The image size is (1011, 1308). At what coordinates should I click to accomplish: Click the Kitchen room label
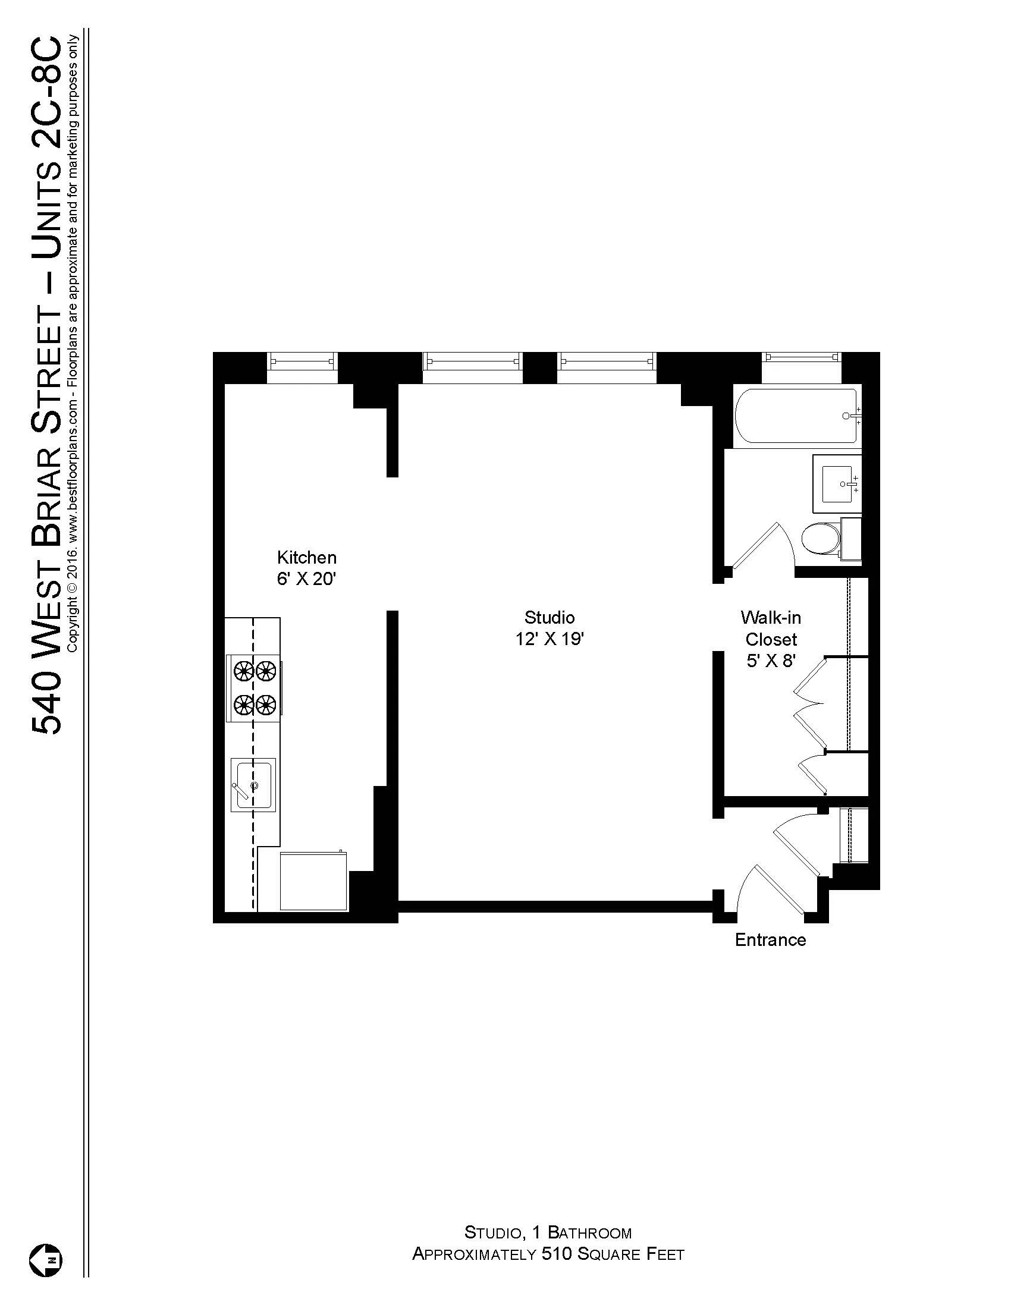tap(306, 558)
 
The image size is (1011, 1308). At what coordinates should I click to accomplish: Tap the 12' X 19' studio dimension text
tap(550, 640)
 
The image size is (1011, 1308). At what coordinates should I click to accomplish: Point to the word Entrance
tap(770, 939)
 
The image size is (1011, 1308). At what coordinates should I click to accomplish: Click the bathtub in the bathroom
tap(796, 416)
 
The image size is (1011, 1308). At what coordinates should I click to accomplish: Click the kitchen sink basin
tap(254, 785)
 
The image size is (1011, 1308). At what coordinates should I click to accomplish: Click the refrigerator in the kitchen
tap(314, 881)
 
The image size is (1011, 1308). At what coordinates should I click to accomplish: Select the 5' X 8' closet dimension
tap(770, 662)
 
